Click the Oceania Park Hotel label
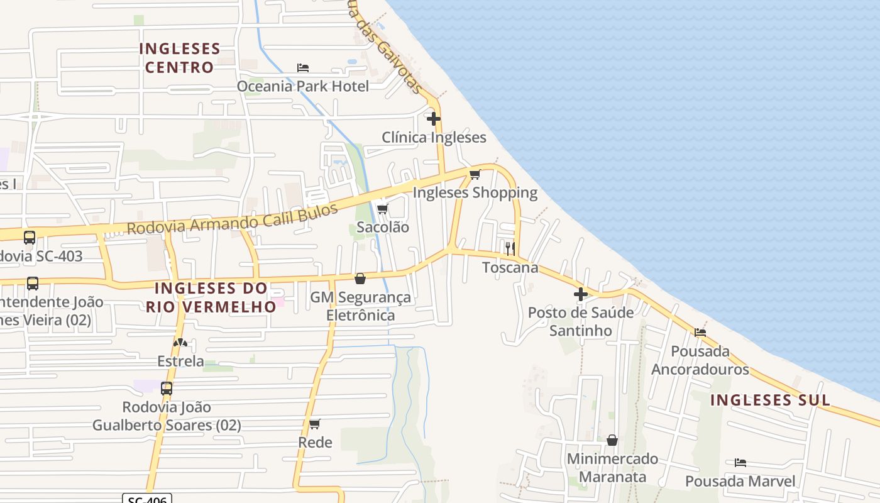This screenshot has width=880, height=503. [303, 86]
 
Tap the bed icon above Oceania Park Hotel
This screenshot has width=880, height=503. [303, 68]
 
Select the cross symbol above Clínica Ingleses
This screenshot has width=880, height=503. [433, 118]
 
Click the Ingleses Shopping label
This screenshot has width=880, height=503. [475, 193]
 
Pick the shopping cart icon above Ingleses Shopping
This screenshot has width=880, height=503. [475, 174]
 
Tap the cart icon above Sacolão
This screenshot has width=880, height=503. [382, 209]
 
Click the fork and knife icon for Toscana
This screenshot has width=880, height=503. [510, 248]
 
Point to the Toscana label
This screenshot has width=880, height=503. [510, 268]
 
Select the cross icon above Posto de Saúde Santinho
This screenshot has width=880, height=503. [580, 294]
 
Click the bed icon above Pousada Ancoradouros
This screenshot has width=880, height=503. [700, 332]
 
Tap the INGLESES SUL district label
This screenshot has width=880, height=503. [771, 401]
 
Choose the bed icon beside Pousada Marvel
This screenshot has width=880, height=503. [740, 463]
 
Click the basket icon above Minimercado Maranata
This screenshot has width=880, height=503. [612, 440]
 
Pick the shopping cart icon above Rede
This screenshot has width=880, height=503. [315, 424]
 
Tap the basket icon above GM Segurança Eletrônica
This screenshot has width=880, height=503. [360, 279]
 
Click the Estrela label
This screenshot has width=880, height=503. [180, 362]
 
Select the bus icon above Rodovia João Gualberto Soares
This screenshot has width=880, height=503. [167, 389]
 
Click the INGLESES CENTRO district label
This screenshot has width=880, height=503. [180, 58]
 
